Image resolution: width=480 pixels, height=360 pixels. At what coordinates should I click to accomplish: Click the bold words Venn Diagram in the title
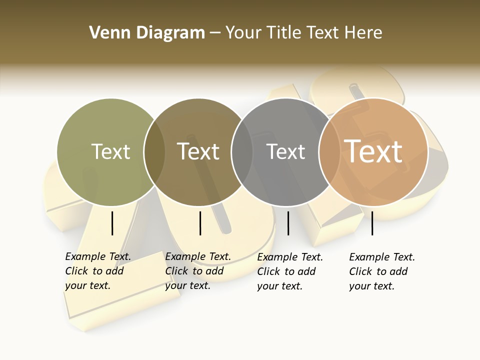[x=147, y=33]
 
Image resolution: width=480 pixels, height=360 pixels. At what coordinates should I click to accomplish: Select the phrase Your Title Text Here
[x=303, y=33]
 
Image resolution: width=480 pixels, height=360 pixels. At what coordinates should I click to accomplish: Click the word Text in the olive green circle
[x=110, y=151]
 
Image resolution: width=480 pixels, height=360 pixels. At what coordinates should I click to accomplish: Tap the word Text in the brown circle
[x=198, y=151]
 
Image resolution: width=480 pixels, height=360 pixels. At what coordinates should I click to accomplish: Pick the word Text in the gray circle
[x=285, y=151]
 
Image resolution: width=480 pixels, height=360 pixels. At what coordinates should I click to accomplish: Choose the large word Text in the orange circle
[x=373, y=151]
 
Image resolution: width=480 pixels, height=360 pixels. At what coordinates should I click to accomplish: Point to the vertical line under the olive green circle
[x=112, y=223]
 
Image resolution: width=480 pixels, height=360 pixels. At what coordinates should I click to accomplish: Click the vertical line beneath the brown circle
[x=200, y=223]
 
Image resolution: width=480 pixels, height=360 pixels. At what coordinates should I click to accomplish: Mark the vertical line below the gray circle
[x=288, y=223]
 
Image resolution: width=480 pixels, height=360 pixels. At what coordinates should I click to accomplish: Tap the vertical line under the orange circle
[x=372, y=223]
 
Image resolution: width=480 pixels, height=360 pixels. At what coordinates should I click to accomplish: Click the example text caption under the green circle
[x=98, y=271]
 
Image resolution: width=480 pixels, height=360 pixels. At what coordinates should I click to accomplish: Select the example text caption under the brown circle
[x=198, y=271]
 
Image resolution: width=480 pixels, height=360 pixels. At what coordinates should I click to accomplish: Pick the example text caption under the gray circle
[x=290, y=271]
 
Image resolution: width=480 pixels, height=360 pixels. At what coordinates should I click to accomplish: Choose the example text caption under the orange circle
[x=382, y=271]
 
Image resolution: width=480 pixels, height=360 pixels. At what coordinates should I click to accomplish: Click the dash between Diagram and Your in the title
[x=215, y=33]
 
